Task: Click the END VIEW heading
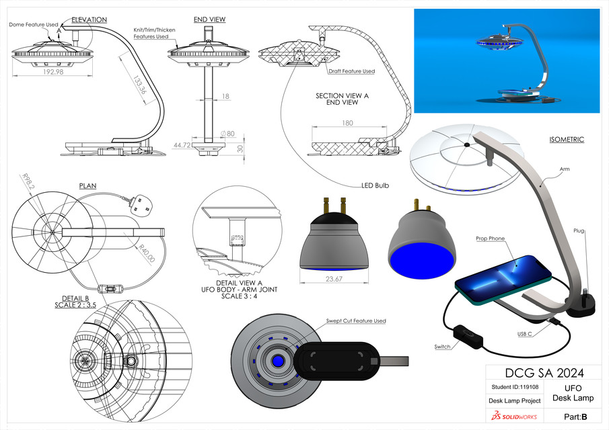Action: (x=209, y=19)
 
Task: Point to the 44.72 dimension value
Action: (x=180, y=144)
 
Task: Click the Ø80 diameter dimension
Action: (x=229, y=133)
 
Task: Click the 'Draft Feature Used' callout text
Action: (x=351, y=71)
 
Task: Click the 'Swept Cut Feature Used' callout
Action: (x=355, y=321)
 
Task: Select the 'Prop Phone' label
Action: (x=491, y=238)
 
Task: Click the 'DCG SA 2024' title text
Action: (x=543, y=373)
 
